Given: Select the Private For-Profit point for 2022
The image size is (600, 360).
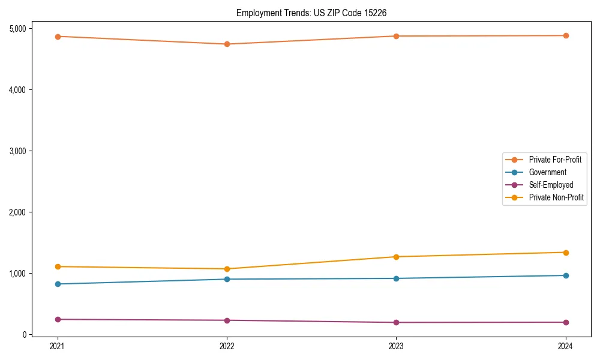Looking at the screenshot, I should [227, 44].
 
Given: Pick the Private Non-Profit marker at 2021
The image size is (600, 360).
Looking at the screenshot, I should [58, 266].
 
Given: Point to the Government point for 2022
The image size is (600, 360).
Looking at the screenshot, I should [227, 279].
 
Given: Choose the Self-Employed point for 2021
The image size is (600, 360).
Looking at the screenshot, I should [58, 319].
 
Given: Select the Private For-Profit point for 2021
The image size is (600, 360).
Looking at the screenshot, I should [58, 37].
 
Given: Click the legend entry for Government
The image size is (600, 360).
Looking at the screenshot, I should [547, 172].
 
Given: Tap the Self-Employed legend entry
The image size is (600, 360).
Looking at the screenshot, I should [551, 185].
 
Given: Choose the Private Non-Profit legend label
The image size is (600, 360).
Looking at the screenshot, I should [556, 197].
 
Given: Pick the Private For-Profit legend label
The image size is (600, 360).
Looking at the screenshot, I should [555, 160].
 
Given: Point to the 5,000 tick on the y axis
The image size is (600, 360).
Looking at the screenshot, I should [17, 29].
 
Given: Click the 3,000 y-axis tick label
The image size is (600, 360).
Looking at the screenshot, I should [17, 151].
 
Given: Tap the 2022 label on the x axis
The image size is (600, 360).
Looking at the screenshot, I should [227, 346].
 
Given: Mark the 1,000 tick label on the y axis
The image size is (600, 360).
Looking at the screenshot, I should [17, 274].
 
